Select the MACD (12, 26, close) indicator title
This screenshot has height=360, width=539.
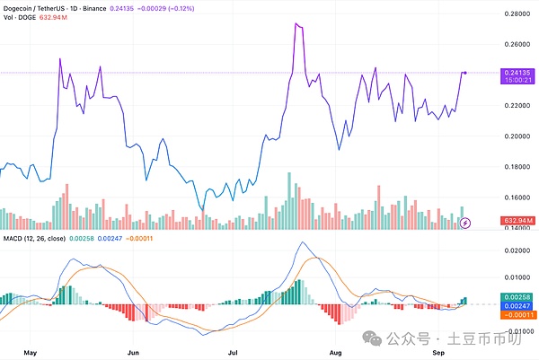point(46,237)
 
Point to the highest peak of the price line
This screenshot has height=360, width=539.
point(296,24)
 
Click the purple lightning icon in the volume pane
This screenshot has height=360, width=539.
point(465,221)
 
